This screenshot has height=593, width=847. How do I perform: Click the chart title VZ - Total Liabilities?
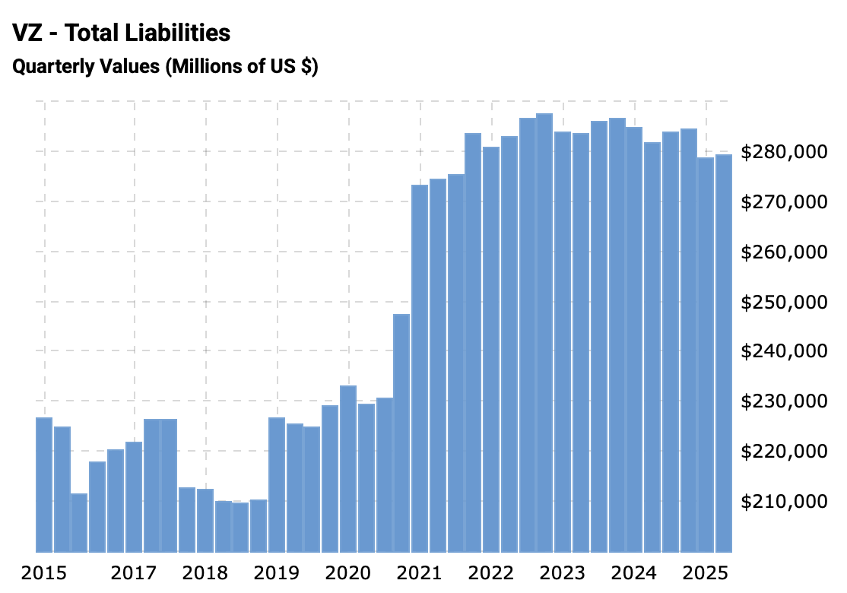(x=122, y=33)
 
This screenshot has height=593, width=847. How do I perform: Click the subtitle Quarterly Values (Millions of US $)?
(x=165, y=67)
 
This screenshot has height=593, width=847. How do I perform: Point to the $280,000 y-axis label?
(x=783, y=153)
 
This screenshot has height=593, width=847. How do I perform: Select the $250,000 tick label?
(x=783, y=303)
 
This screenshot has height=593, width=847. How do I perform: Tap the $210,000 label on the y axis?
(x=783, y=502)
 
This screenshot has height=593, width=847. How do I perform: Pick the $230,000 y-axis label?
(x=783, y=402)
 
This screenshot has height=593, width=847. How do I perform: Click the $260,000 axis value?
(x=783, y=252)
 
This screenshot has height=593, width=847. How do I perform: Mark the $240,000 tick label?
(x=783, y=352)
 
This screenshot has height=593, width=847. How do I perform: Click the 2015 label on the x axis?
(x=44, y=572)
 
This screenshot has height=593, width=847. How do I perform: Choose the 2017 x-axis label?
(x=134, y=572)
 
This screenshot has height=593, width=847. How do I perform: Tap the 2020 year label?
(x=348, y=572)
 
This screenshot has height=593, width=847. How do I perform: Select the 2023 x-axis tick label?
(x=563, y=572)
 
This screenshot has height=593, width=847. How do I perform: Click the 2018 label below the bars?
(x=205, y=572)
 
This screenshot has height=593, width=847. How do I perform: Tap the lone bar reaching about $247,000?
(x=401, y=433)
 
